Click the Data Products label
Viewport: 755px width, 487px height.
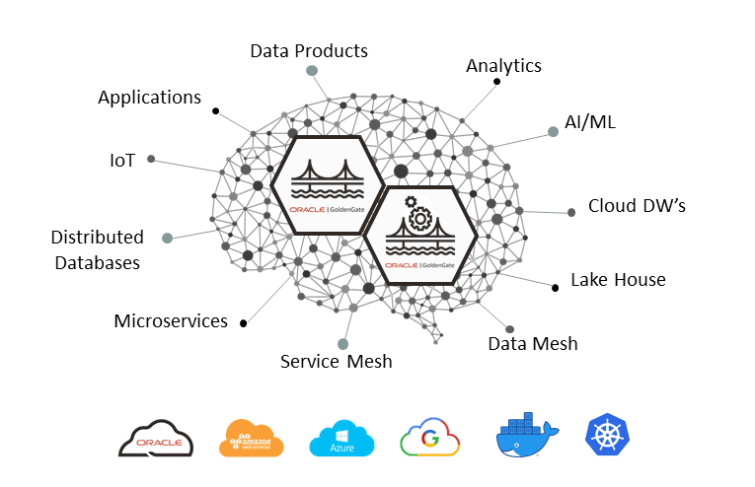pyautogui.click(x=308, y=50)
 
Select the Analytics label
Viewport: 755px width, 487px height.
pyautogui.click(x=503, y=66)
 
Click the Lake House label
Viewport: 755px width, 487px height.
pyautogui.click(x=618, y=280)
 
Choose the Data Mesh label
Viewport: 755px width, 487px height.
pyautogui.click(x=533, y=344)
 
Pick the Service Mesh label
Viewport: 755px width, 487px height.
pyautogui.click(x=336, y=362)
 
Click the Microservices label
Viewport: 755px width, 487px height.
pyautogui.click(x=171, y=321)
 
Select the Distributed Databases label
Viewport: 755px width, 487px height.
pyautogui.click(x=97, y=249)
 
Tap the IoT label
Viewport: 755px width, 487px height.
pyautogui.click(x=122, y=159)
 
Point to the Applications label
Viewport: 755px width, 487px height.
pyautogui.click(x=149, y=98)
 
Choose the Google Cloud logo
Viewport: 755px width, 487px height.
pyautogui.click(x=431, y=438)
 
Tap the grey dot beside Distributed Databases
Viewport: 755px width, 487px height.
pyautogui.click(x=168, y=238)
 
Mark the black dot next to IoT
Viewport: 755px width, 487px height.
pyautogui.click(x=151, y=158)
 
